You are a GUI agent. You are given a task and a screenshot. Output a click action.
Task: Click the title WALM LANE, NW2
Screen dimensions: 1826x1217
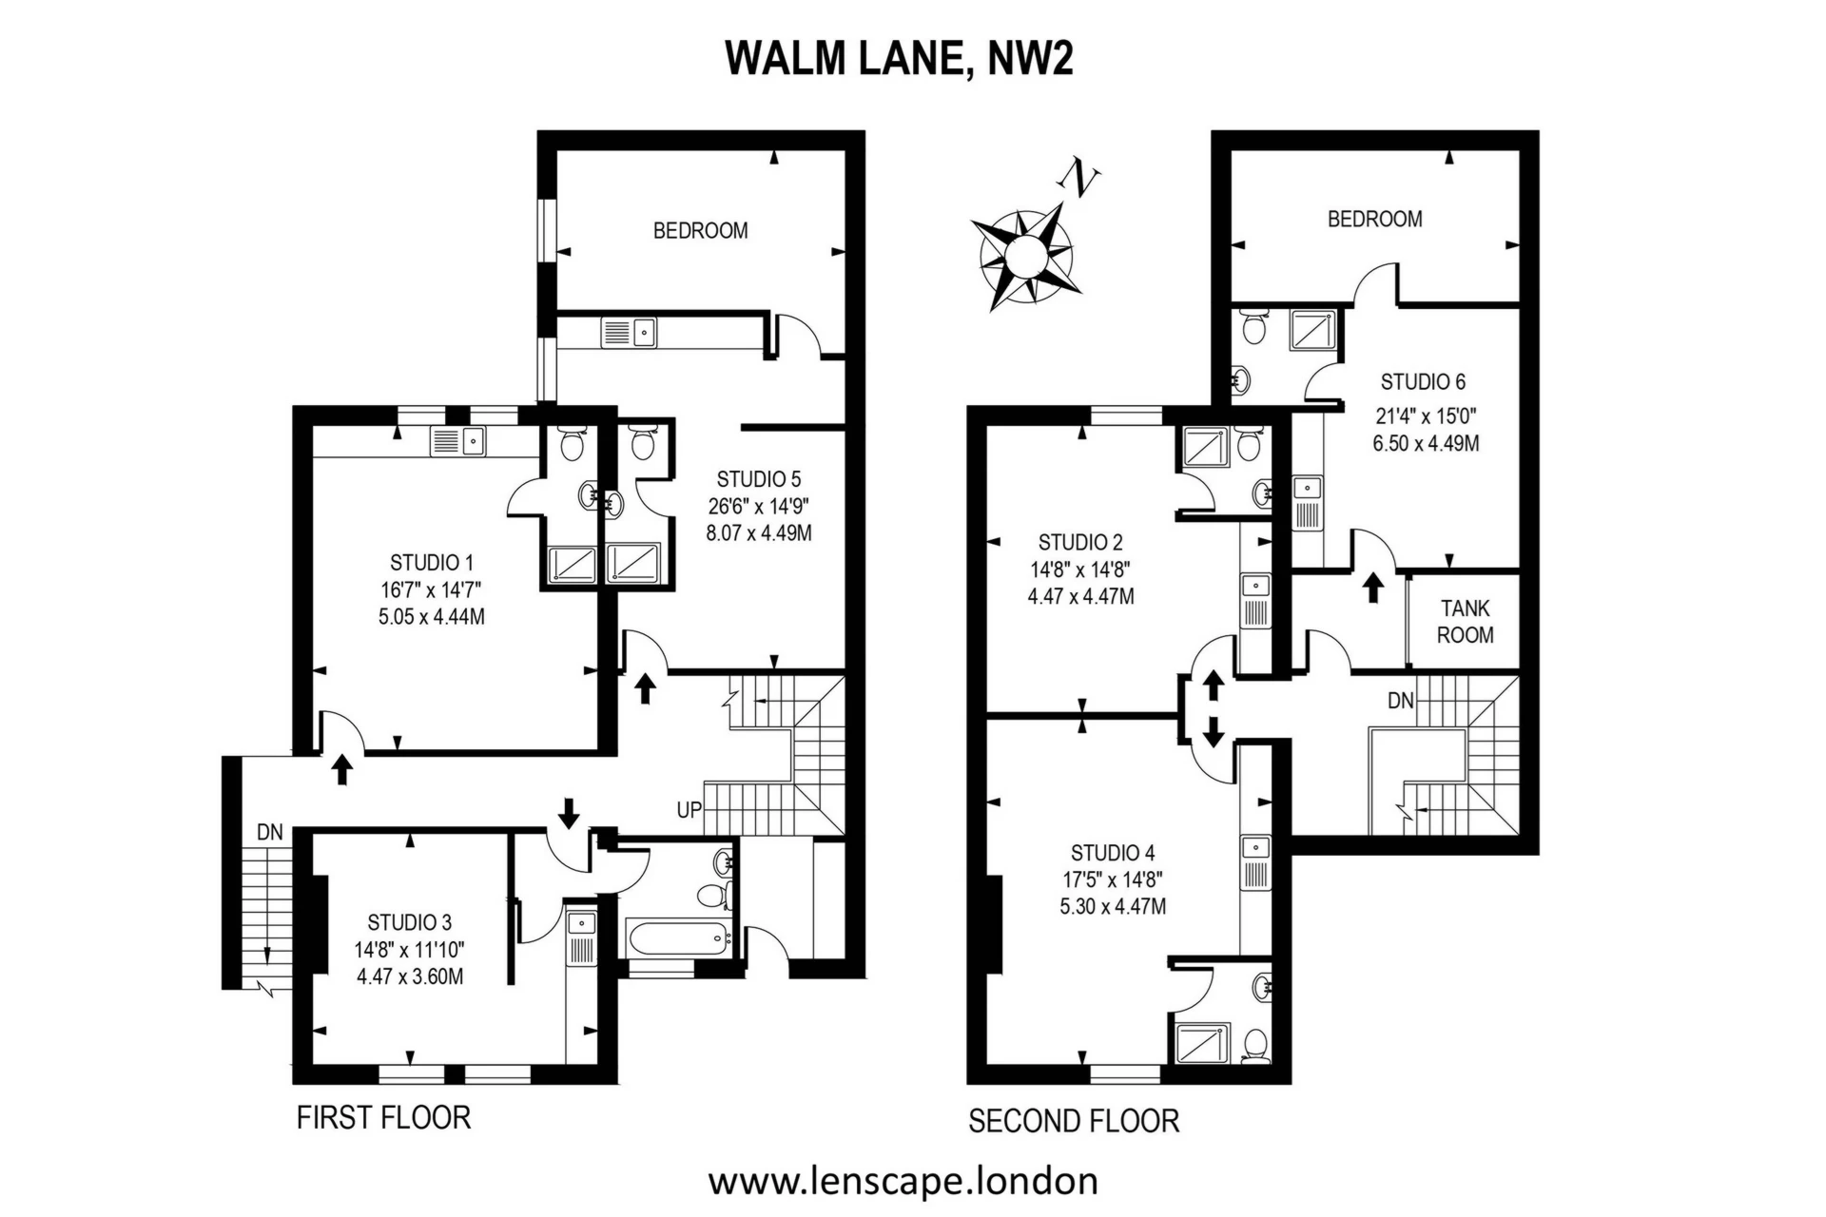(900, 59)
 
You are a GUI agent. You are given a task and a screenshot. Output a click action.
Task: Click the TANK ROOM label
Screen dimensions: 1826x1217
(1465, 622)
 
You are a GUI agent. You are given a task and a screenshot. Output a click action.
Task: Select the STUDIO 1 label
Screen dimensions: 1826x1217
(432, 562)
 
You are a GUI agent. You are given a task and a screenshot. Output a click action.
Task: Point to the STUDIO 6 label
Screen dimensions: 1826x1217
(1423, 382)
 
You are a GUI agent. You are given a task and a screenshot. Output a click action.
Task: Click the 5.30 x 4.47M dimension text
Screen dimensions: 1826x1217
(1113, 907)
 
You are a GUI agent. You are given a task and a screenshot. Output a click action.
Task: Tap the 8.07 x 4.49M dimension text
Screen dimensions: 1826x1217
(759, 533)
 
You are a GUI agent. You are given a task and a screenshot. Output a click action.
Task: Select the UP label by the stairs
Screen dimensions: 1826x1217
(690, 810)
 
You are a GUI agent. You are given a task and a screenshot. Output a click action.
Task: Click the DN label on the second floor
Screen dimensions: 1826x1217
(1400, 702)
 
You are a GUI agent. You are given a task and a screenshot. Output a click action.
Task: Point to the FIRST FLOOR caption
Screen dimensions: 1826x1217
(383, 1117)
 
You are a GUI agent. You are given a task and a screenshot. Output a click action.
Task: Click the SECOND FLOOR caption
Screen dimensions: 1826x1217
(1074, 1122)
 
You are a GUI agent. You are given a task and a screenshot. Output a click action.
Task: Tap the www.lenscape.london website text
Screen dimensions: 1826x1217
(903, 1182)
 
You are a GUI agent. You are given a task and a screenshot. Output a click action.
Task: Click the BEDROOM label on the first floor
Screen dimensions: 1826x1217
(701, 231)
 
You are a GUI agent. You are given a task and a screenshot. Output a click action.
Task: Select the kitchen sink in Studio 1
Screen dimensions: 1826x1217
(457, 440)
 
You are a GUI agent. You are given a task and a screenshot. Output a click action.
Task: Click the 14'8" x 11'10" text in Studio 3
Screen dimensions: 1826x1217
(410, 950)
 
